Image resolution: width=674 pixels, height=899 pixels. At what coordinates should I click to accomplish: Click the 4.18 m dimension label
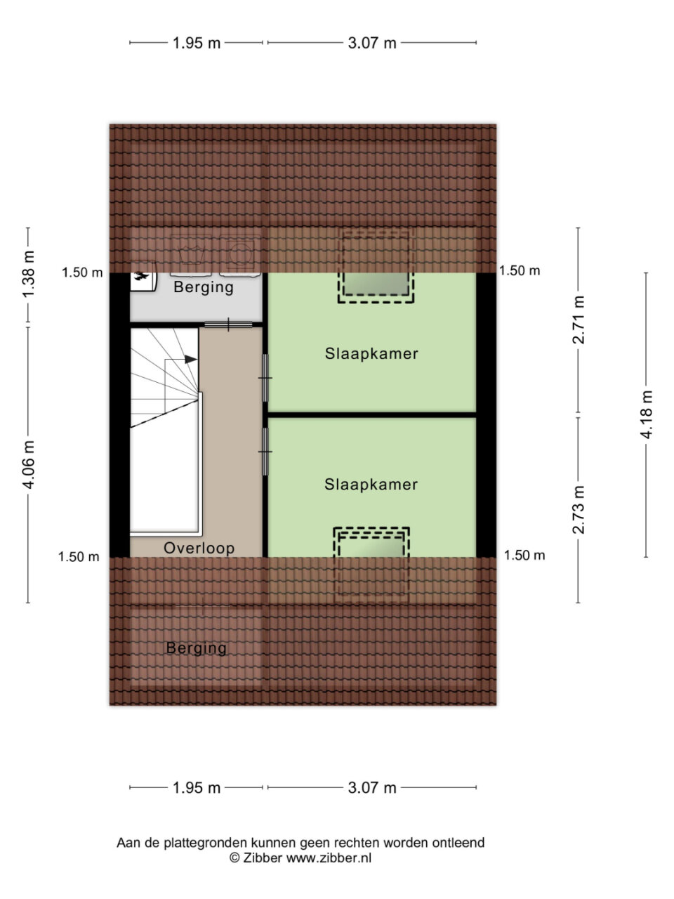(x=647, y=414)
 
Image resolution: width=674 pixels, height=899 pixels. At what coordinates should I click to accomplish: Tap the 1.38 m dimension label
(x=29, y=275)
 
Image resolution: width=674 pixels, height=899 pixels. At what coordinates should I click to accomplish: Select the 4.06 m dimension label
(x=29, y=465)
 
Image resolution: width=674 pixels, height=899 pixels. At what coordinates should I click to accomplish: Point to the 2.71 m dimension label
(x=579, y=320)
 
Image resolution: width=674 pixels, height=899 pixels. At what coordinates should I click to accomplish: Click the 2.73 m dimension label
(x=579, y=510)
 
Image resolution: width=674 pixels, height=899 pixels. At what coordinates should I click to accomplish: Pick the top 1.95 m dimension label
(x=197, y=43)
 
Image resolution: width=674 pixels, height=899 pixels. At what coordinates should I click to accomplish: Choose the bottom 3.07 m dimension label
(x=372, y=787)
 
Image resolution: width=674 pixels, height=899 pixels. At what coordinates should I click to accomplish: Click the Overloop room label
(x=199, y=548)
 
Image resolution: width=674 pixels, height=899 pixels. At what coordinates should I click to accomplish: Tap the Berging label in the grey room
(x=204, y=287)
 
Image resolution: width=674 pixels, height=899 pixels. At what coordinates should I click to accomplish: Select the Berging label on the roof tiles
(x=197, y=648)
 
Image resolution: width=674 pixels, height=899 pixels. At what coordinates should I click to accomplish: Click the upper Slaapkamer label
(x=371, y=353)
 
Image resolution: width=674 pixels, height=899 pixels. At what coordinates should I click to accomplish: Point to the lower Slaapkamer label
(x=371, y=484)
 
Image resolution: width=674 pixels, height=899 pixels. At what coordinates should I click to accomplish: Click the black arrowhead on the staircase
(x=191, y=359)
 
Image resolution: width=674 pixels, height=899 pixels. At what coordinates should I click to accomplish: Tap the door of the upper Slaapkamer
(x=265, y=378)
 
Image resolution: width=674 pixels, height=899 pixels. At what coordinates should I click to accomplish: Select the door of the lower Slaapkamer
(x=265, y=452)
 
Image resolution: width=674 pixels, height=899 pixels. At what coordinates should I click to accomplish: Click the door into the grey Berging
(x=228, y=324)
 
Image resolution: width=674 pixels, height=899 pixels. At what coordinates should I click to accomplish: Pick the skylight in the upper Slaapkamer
(x=376, y=266)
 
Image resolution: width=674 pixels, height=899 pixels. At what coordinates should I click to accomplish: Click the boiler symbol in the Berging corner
(x=143, y=277)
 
